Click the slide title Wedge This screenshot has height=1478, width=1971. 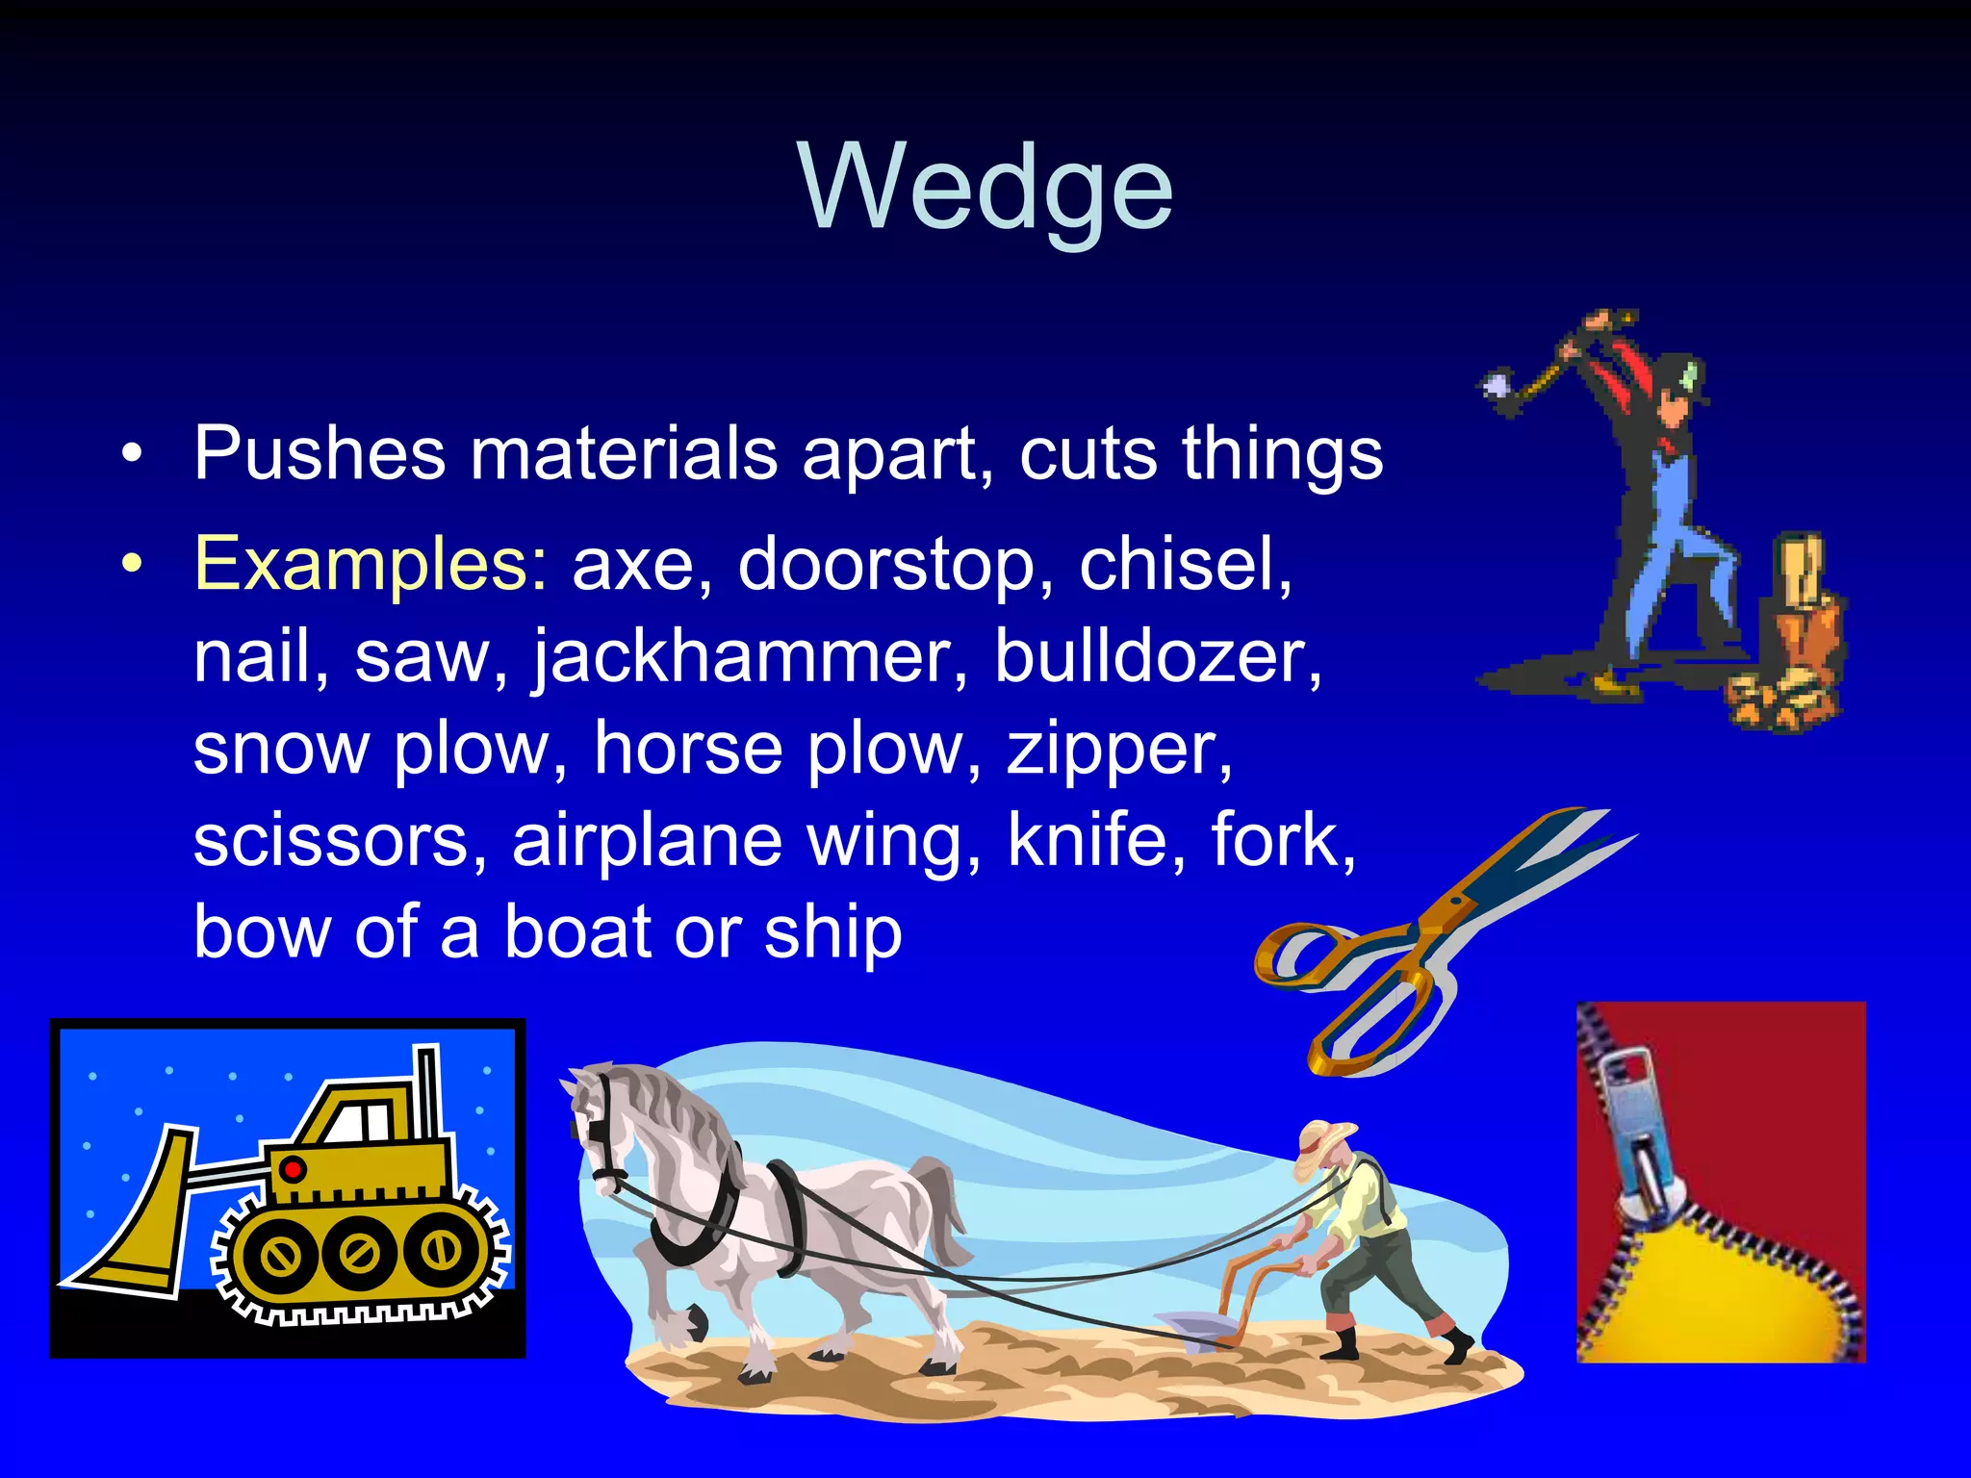[x=985, y=188]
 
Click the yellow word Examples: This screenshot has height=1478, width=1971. [x=371, y=564]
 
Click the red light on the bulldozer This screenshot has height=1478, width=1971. [x=293, y=1169]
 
